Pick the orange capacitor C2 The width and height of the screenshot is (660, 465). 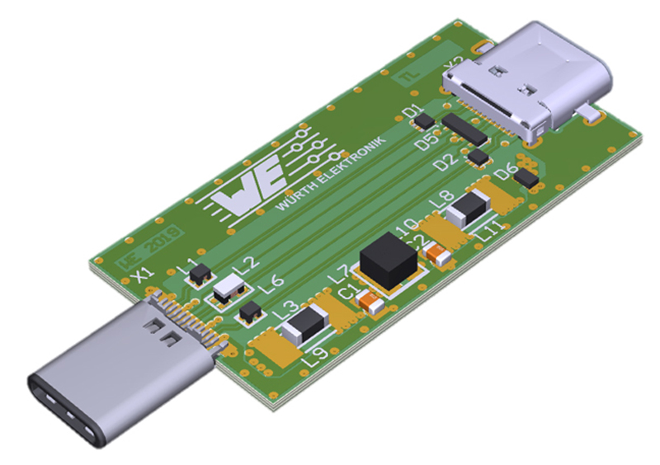pos(438,255)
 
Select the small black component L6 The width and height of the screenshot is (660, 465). pos(249,311)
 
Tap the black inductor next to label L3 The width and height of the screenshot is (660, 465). pos(302,325)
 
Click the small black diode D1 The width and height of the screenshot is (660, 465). pos(424,120)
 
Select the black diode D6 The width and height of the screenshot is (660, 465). pos(526,176)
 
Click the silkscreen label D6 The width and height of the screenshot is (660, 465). pos(505,171)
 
